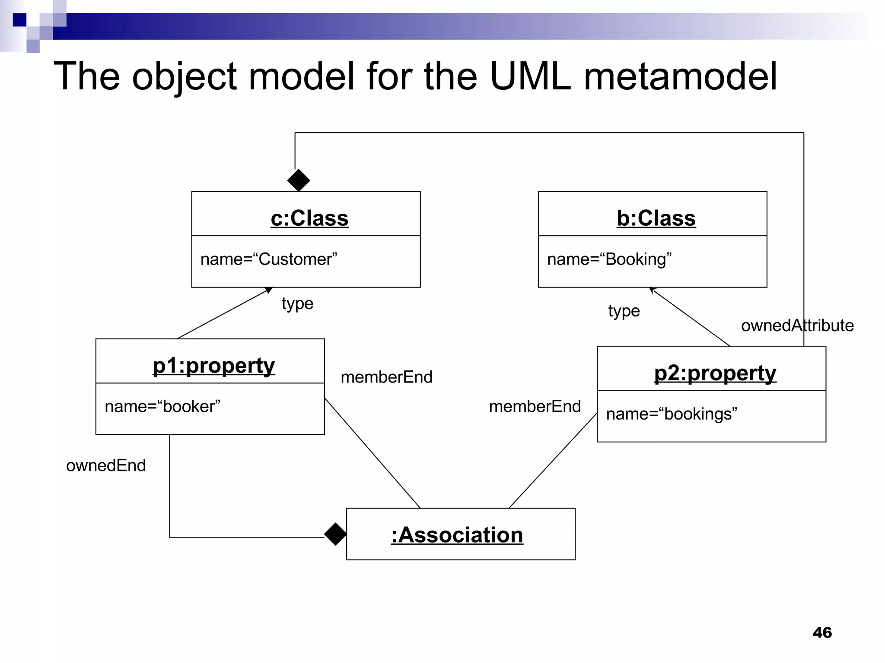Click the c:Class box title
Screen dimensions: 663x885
(x=309, y=218)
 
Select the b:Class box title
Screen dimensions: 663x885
(x=656, y=218)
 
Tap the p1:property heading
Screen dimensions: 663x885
(x=213, y=366)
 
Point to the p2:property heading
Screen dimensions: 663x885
(x=715, y=373)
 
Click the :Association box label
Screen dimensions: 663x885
(x=457, y=535)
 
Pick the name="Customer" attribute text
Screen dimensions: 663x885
(x=269, y=259)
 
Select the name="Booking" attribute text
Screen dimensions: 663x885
(x=609, y=259)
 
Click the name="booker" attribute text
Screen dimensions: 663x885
(x=162, y=407)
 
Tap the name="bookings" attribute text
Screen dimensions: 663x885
(x=672, y=414)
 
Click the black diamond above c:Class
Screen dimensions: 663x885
(x=299, y=180)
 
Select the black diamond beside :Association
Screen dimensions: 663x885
(x=335, y=534)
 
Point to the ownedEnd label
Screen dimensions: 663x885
(x=106, y=466)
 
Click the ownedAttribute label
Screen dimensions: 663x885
(x=797, y=325)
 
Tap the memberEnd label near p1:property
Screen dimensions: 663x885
(x=386, y=377)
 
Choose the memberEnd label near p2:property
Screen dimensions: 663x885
(x=535, y=407)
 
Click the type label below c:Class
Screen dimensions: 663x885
(x=297, y=304)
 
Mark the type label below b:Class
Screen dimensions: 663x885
(x=624, y=311)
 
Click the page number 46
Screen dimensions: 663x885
(x=822, y=632)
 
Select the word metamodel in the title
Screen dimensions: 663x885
(x=680, y=76)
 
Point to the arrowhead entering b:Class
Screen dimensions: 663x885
(x=653, y=290)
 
